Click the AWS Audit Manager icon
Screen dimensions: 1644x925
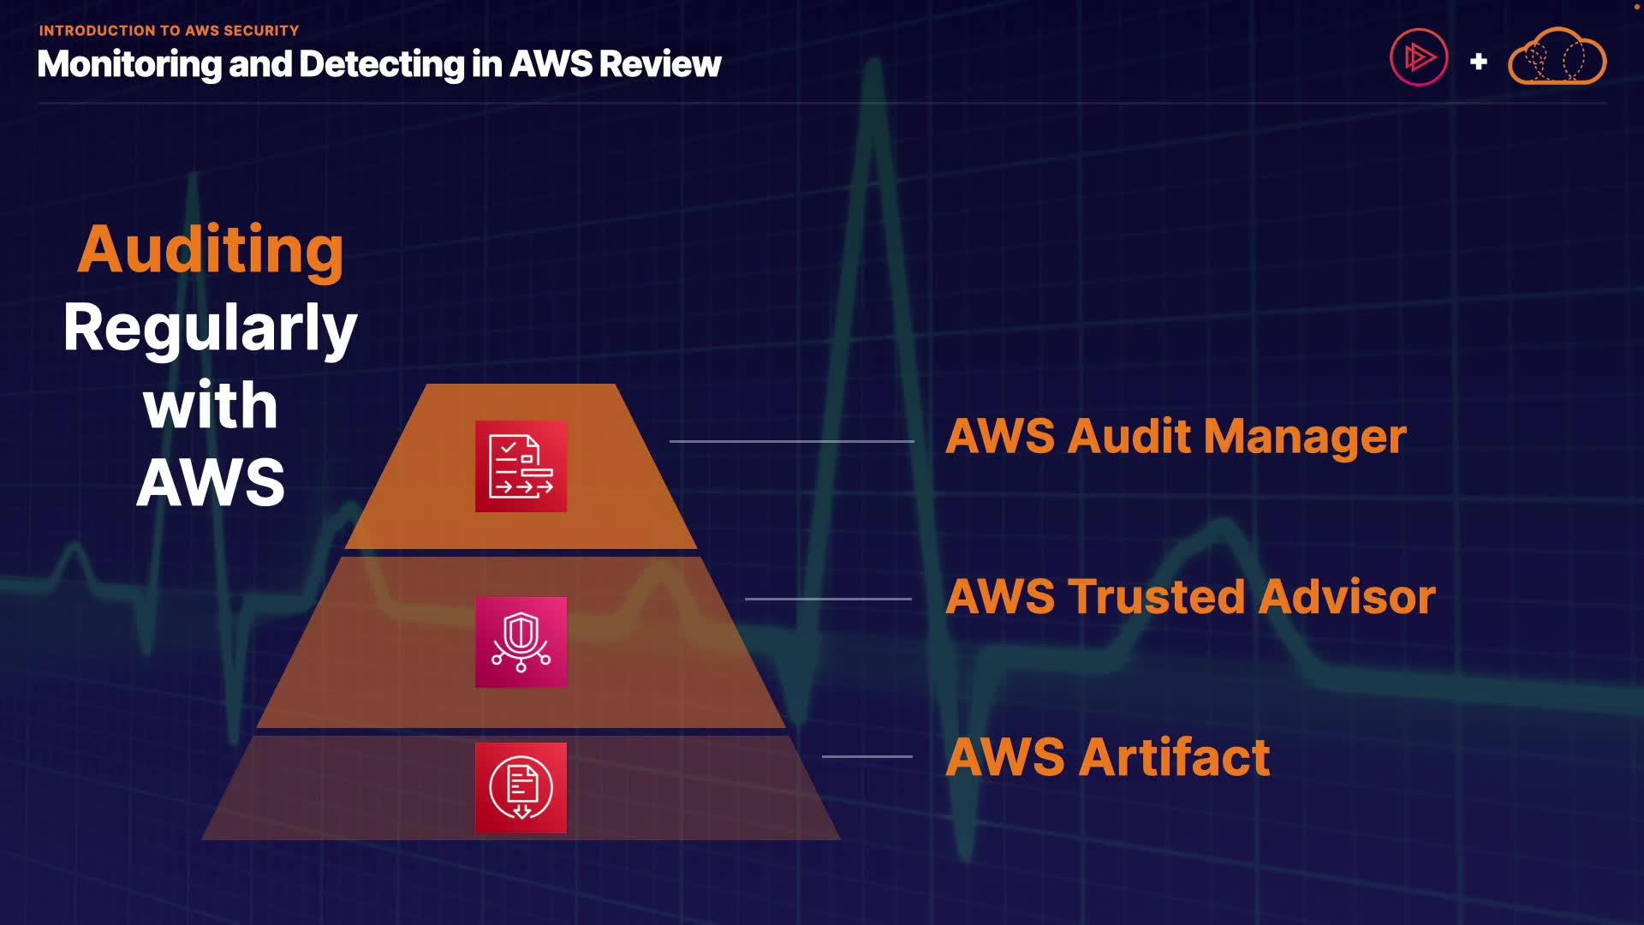(x=521, y=466)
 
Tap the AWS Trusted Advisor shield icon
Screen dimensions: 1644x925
(x=521, y=642)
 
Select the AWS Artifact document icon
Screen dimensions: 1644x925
(x=521, y=788)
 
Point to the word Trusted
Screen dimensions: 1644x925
(x=1156, y=597)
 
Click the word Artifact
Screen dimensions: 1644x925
(x=1174, y=757)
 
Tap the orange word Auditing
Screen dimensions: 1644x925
(x=211, y=249)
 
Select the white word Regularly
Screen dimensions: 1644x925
(x=211, y=328)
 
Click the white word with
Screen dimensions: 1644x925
(x=211, y=405)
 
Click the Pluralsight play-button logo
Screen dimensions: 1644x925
(x=1419, y=57)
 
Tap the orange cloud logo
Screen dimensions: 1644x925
(x=1557, y=56)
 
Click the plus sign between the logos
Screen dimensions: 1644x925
(x=1478, y=62)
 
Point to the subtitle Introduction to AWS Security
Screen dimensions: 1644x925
(x=169, y=31)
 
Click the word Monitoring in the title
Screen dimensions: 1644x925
(x=129, y=65)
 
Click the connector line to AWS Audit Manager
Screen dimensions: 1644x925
(x=792, y=441)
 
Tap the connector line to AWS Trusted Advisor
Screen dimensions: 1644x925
(x=828, y=599)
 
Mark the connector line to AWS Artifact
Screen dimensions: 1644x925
(x=867, y=756)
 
